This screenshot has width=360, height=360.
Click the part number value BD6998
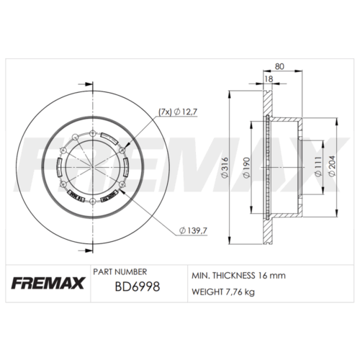pyautogui.click(x=137, y=287)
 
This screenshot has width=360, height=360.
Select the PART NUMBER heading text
pyautogui.click(x=120, y=272)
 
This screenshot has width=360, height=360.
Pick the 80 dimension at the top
pyautogui.click(x=279, y=66)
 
